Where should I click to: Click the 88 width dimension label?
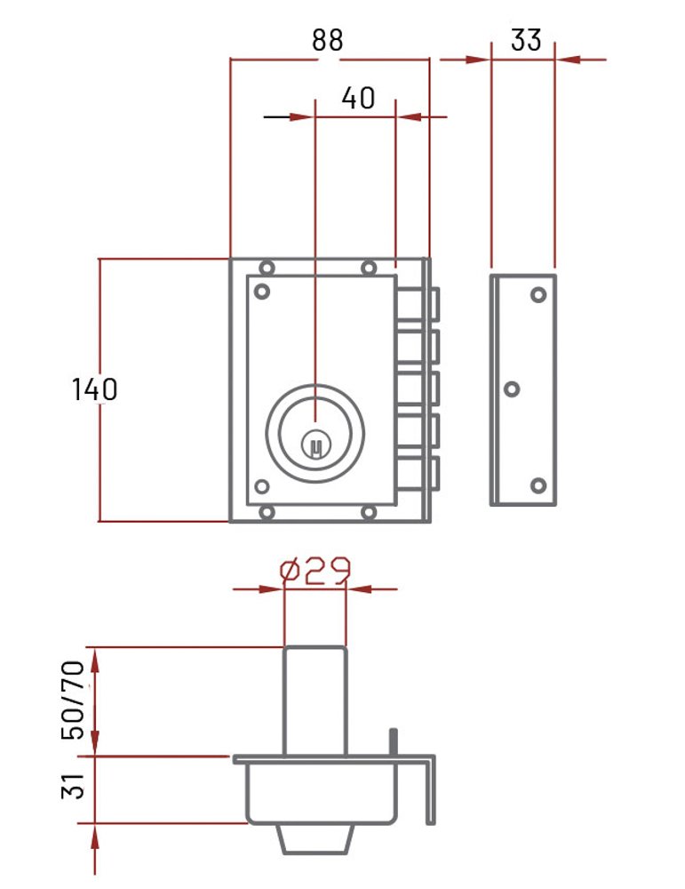[328, 40]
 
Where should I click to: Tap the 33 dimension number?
[526, 40]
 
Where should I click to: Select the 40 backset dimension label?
[358, 98]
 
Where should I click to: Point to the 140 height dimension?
[94, 389]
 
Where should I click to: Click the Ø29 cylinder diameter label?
[315, 571]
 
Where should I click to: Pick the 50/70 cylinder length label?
[73, 701]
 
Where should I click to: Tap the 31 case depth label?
[73, 786]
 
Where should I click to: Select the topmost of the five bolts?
[418, 304]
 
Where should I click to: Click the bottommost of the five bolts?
[418, 474]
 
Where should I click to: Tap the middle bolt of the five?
[418, 388]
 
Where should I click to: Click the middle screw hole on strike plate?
[512, 389]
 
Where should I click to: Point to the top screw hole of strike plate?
[538, 295]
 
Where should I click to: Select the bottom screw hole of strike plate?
[538, 486]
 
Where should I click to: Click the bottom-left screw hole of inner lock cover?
[262, 486]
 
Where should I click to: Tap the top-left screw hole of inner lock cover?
[262, 292]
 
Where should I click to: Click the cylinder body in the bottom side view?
[315, 701]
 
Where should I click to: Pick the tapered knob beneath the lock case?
[315, 839]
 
